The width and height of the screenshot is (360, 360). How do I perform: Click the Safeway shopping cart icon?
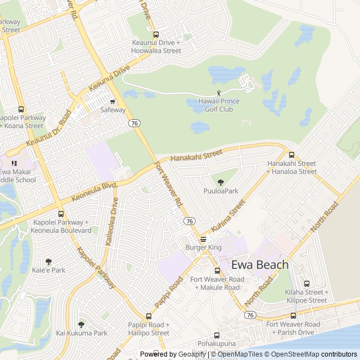112,102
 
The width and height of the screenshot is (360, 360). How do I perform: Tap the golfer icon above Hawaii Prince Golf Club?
219,93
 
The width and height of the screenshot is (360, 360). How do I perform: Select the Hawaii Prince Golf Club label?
219,105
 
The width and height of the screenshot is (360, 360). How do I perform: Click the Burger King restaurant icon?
203,239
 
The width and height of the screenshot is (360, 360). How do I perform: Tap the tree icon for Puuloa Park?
220,182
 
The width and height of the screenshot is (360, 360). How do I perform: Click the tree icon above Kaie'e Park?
48,262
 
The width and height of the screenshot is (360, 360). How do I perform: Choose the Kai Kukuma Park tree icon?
81,325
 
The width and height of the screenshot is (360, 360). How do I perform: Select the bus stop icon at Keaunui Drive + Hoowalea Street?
156,34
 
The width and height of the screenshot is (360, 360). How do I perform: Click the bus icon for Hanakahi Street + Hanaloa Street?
291,155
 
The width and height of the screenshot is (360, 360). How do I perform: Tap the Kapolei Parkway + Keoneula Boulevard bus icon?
61,214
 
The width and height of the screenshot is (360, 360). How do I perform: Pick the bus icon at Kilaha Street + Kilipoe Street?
307,284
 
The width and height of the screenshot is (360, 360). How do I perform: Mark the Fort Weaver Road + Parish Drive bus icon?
293,316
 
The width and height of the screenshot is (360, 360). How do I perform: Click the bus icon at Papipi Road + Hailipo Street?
148,316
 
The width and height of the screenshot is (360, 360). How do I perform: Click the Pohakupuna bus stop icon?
217,335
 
